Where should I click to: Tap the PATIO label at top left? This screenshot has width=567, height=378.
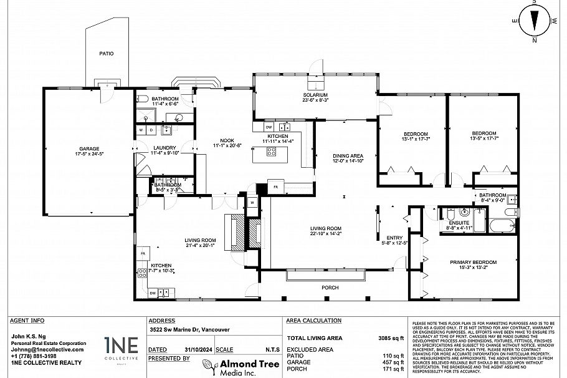click(107, 54)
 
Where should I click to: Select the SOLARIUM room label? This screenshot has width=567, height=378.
click(315, 95)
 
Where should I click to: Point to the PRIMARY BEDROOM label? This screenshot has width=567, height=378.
click(473, 262)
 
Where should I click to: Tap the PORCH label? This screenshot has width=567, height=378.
click(330, 288)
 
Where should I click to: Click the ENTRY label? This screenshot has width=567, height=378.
click(394, 238)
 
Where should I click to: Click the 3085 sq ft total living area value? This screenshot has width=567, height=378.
click(392, 337)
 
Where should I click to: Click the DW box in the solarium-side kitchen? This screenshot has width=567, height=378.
click(269, 127)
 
